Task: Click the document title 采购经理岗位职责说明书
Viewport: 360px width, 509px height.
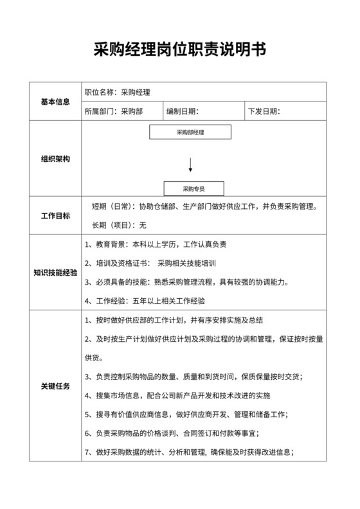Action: click(x=179, y=49)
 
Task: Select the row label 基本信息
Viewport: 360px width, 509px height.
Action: click(x=55, y=102)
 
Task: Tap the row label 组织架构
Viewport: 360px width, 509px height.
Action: click(x=55, y=159)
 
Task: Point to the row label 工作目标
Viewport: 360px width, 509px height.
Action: click(x=55, y=216)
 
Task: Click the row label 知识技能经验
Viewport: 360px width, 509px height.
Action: click(x=55, y=272)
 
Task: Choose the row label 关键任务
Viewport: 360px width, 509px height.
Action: click(x=55, y=386)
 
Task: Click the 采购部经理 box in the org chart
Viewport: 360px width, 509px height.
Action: click(x=190, y=132)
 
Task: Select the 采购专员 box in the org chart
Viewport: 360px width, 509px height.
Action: click(x=194, y=189)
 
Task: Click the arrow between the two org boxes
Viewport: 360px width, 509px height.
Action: click(x=190, y=165)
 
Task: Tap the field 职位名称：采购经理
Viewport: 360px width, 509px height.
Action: click(x=118, y=93)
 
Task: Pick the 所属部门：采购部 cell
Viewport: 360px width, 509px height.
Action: click(x=114, y=111)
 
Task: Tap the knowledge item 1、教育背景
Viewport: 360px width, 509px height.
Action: click(x=156, y=244)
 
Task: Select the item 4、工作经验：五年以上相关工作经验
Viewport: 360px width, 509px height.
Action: click(x=145, y=300)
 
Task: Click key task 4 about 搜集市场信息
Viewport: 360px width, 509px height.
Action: click(x=177, y=395)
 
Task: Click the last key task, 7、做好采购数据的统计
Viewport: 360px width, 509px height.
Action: click(x=190, y=452)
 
